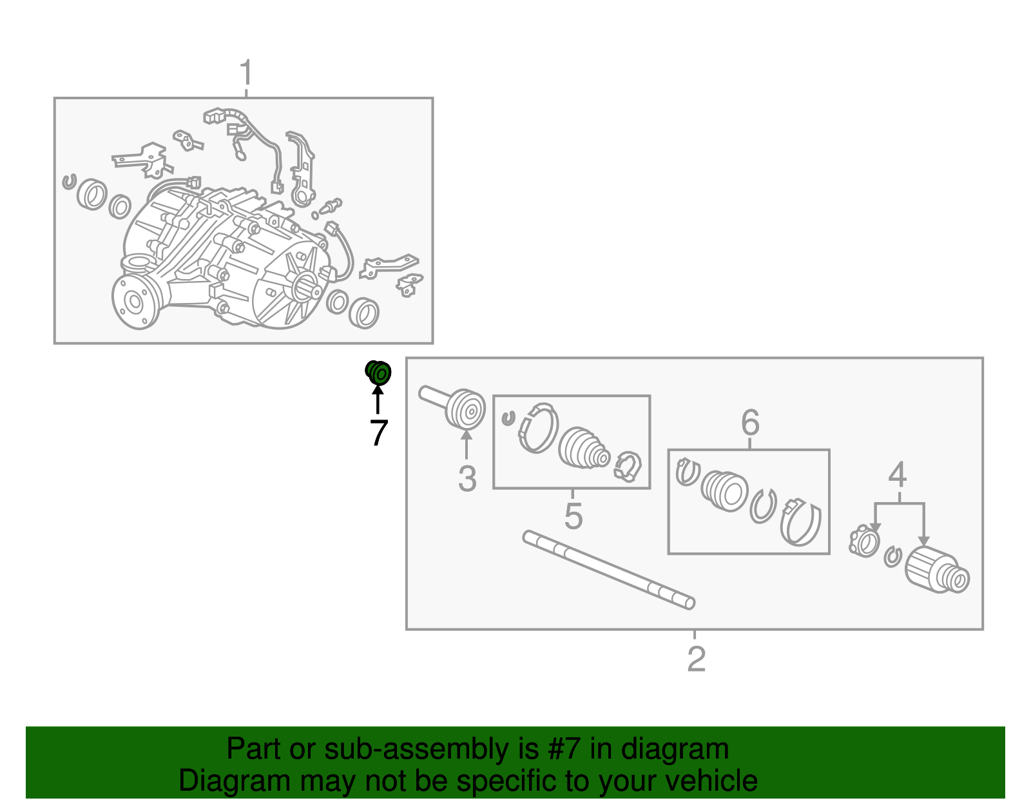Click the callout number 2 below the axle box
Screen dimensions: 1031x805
(x=696, y=659)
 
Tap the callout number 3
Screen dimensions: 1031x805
(x=467, y=478)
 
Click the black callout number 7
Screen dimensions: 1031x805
(x=379, y=432)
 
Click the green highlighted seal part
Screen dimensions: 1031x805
(x=378, y=373)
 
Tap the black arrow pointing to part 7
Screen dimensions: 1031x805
(x=378, y=400)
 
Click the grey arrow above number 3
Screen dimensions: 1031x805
(x=467, y=443)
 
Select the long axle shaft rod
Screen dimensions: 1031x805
(x=609, y=570)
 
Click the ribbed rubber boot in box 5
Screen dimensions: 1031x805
(x=584, y=449)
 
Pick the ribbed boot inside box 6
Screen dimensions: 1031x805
(x=724, y=491)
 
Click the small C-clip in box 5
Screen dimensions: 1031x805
(x=508, y=418)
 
